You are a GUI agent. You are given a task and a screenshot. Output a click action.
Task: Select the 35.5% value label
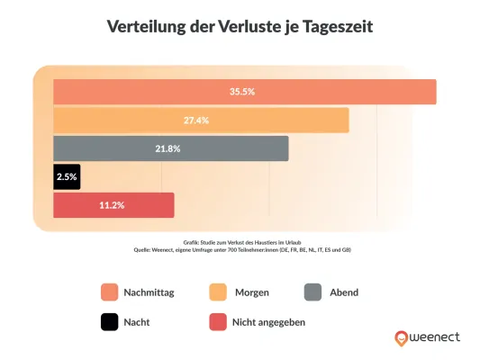point(243,92)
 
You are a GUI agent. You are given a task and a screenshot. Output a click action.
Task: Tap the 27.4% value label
point(200,120)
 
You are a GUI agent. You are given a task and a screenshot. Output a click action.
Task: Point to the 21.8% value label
point(170,148)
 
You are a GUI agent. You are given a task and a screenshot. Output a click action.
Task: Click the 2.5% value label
point(67,177)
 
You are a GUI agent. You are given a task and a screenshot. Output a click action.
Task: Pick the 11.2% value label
point(113,205)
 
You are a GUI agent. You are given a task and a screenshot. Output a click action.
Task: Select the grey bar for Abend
point(170,148)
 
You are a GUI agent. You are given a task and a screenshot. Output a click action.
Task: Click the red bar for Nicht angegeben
point(113,205)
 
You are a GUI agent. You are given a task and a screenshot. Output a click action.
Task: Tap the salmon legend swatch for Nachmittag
point(110,292)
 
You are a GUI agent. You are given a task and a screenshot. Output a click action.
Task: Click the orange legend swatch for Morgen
point(217,292)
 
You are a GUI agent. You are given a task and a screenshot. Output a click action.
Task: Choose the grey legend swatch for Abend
point(313,292)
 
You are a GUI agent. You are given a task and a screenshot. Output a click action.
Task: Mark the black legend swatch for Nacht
point(110,320)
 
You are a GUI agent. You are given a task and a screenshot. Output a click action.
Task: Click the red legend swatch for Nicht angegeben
point(217,320)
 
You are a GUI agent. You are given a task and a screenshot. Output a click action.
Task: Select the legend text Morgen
point(252,292)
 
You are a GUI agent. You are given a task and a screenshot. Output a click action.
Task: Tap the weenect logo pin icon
point(400,338)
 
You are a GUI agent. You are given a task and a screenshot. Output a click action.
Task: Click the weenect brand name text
point(435,337)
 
